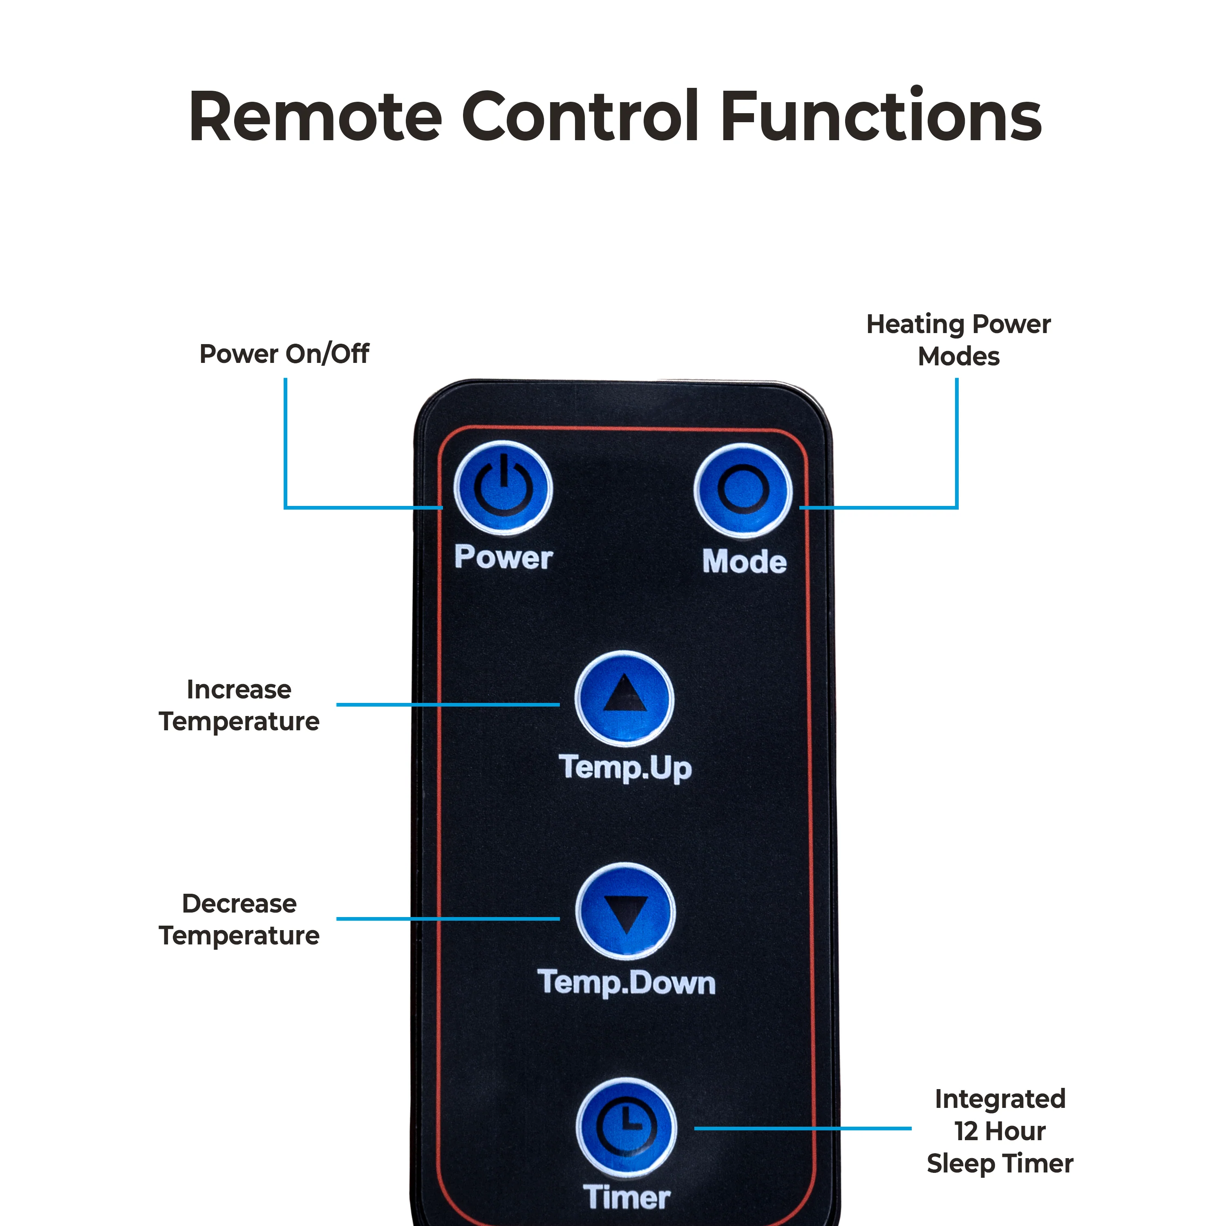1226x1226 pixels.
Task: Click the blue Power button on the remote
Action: (x=503, y=489)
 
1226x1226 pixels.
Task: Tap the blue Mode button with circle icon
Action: (x=743, y=490)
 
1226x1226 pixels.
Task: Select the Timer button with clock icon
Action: (x=626, y=1128)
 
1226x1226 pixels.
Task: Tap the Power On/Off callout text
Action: (x=284, y=354)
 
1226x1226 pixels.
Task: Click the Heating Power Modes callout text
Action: (x=958, y=340)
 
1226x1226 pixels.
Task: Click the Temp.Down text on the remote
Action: (x=626, y=983)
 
